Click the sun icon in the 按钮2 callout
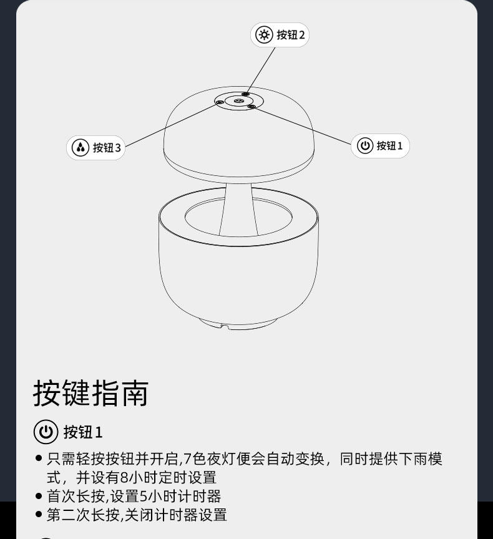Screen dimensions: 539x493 [265, 35]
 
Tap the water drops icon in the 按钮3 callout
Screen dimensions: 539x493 [81, 148]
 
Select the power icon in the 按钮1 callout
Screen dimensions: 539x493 [365, 146]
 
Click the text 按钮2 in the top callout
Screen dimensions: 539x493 [291, 35]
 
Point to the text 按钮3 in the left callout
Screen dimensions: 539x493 [107, 148]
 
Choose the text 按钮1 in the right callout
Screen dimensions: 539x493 [390, 146]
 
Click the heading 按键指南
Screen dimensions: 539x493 [90, 393]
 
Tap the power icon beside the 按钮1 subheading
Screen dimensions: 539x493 [45, 432]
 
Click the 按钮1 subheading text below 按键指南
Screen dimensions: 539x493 [83, 432]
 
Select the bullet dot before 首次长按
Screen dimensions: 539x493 [39, 497]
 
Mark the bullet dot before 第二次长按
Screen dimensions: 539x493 [39, 515]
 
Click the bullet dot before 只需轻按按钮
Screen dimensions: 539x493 [39, 459]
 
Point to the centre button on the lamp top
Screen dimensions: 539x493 [239, 100]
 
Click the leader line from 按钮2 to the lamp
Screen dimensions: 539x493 [261, 70]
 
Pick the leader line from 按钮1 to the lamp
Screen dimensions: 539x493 [303, 126]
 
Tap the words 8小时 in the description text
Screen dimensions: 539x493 [134, 478]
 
